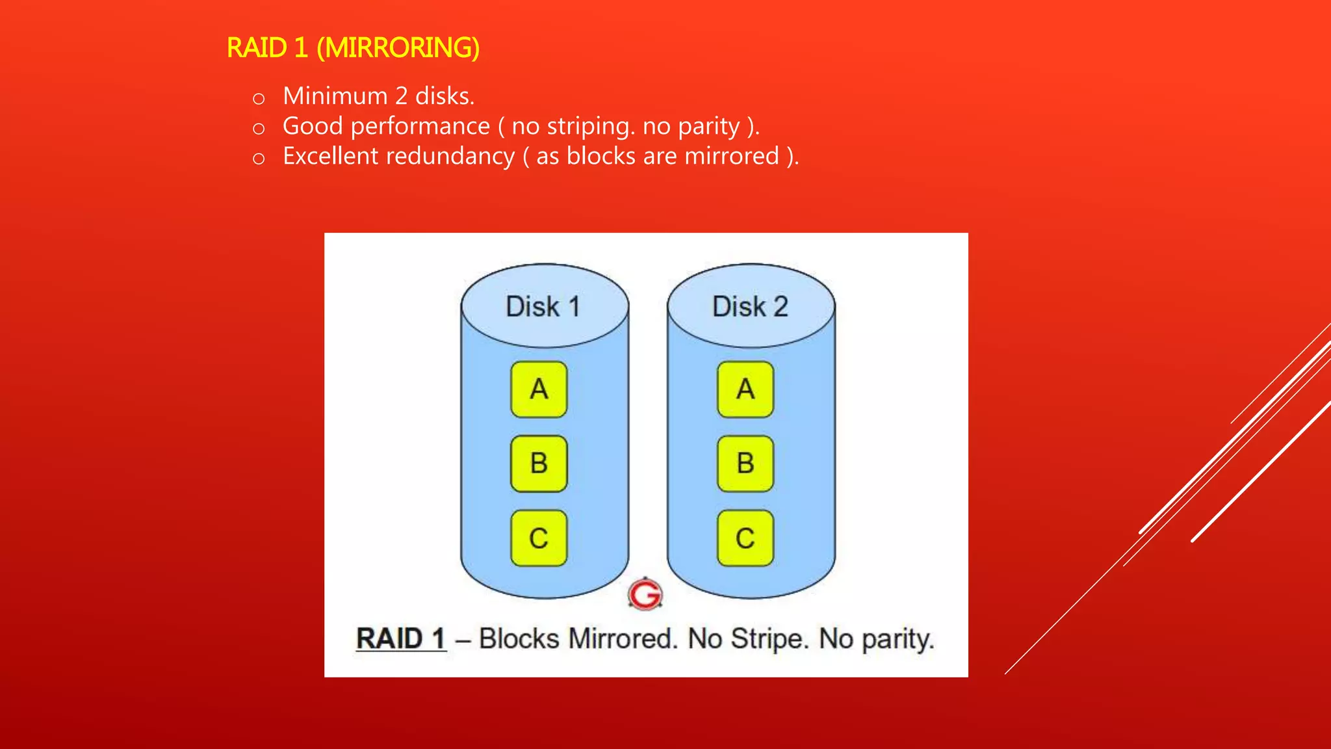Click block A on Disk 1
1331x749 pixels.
(x=539, y=389)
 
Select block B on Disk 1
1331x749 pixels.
(x=539, y=464)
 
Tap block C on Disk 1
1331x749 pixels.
(x=539, y=538)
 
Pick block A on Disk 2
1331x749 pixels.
(x=745, y=389)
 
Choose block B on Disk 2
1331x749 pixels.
(x=745, y=464)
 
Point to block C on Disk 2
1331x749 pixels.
(x=745, y=538)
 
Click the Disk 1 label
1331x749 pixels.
(x=543, y=307)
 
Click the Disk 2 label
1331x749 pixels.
(x=750, y=307)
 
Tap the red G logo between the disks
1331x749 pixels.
(x=645, y=594)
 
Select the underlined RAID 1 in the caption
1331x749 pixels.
(x=401, y=638)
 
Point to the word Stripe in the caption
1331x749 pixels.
(x=769, y=638)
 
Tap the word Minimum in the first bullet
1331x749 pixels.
(x=335, y=96)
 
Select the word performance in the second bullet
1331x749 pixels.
(x=420, y=126)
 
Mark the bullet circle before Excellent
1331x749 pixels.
(x=259, y=159)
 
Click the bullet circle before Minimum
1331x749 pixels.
(x=259, y=99)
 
